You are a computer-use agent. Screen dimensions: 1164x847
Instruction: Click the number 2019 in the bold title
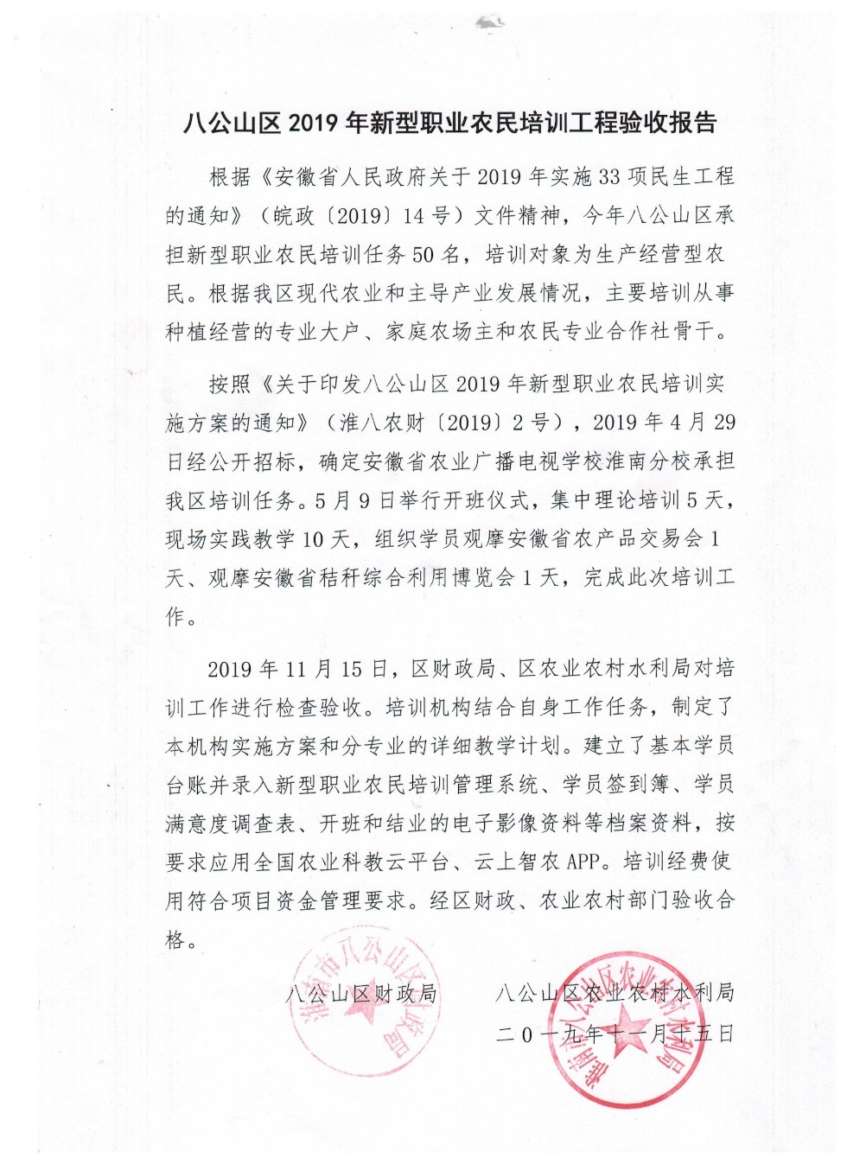[x=314, y=124]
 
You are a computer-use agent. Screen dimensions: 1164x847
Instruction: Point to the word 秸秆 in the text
[x=341, y=577]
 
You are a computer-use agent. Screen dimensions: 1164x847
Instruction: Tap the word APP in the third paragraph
[x=587, y=862]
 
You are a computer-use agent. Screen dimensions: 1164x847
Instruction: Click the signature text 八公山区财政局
[x=362, y=993]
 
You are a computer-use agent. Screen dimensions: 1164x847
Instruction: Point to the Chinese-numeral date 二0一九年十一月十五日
[x=615, y=1033]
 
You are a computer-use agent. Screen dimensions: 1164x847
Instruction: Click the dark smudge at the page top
[x=489, y=23]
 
